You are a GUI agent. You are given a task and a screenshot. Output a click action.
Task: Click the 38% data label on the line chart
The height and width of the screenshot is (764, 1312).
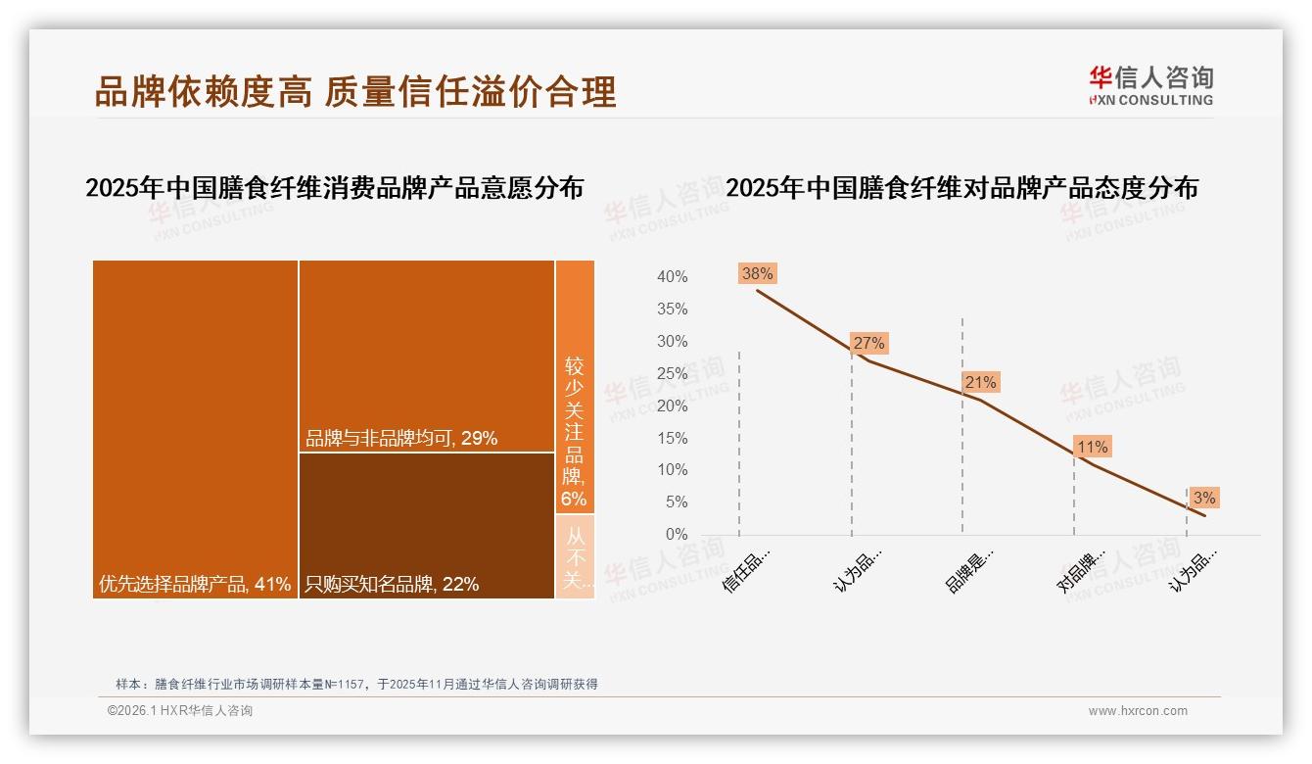758,274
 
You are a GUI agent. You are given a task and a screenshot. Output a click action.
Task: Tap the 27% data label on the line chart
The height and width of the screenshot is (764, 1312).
868,343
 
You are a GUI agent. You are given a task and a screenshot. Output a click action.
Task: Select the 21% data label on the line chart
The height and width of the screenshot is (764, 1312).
980,382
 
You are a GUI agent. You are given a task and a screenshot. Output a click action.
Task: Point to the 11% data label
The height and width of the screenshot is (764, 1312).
1092,448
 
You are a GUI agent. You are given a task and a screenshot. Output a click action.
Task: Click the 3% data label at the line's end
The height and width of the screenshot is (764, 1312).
1204,498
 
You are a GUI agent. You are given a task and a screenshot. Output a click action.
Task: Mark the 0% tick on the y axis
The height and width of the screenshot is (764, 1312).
677,535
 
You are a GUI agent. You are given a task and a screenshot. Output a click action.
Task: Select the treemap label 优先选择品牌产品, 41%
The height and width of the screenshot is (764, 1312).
195,585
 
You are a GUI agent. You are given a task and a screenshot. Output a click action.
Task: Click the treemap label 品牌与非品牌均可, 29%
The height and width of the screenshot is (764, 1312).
401,439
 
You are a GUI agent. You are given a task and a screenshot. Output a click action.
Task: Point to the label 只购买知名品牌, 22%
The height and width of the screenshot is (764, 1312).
392,585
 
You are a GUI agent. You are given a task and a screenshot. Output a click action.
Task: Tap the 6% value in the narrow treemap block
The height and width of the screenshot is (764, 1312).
574,500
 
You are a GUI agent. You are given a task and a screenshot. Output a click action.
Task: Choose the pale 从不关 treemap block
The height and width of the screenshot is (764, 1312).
575,556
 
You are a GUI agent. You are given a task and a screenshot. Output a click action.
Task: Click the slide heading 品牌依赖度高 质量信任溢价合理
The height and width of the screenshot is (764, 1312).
355,91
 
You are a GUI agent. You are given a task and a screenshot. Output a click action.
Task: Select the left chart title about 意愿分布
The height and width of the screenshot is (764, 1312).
334,188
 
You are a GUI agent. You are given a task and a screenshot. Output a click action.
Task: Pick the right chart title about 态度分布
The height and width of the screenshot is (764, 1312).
961,188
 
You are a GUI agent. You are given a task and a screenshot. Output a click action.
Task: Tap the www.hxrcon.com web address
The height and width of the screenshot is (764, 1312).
1138,711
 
